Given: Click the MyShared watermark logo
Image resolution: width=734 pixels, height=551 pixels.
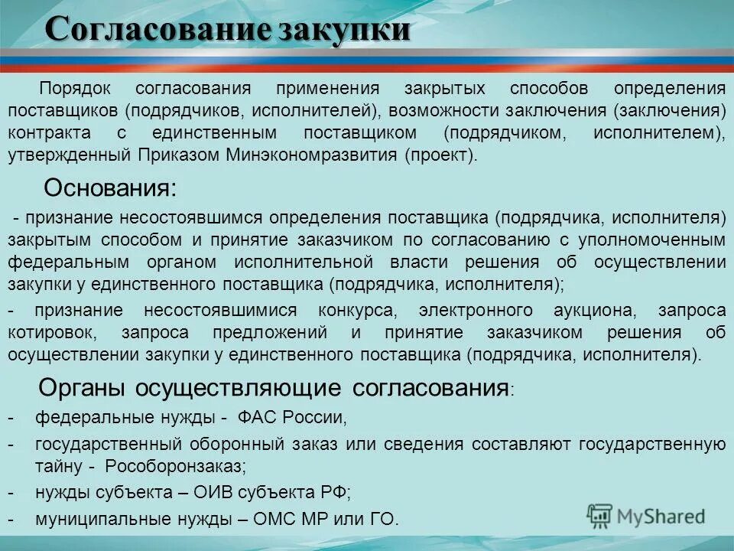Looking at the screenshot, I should tap(646, 515).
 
